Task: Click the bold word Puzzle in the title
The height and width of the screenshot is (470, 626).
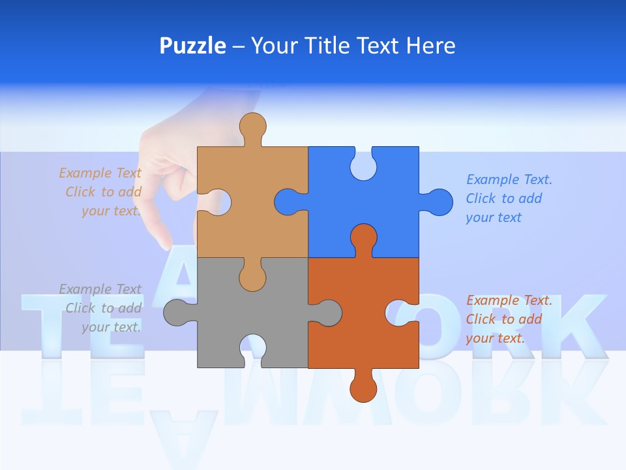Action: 192,46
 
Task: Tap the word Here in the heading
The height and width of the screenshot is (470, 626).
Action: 430,46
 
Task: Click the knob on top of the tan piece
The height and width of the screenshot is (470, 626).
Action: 252,127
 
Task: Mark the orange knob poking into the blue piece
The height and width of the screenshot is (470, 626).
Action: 363,239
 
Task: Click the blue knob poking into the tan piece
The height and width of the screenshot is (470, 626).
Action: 289,202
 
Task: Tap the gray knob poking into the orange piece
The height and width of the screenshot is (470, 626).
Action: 326,312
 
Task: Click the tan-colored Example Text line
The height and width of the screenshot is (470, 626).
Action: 100,173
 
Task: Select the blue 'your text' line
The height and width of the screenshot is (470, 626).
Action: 494,217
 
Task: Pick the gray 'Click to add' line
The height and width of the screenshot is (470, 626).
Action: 104,308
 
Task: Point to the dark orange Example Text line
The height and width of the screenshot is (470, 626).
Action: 509,300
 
